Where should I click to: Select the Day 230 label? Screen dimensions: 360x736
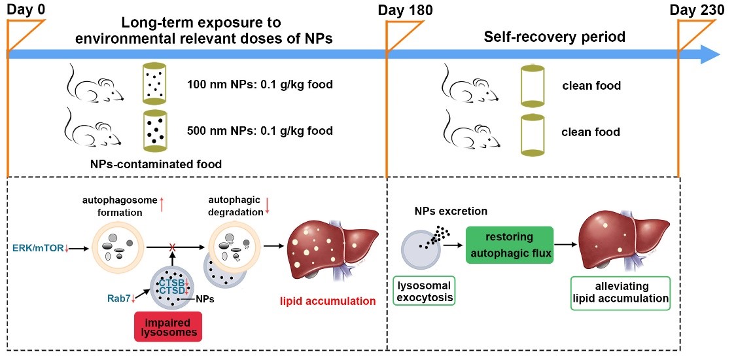click(x=699, y=10)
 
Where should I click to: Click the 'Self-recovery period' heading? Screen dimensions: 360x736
click(x=554, y=37)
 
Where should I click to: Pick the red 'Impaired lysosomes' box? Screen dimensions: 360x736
click(x=167, y=326)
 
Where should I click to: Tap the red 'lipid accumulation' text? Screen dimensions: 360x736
click(x=328, y=301)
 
